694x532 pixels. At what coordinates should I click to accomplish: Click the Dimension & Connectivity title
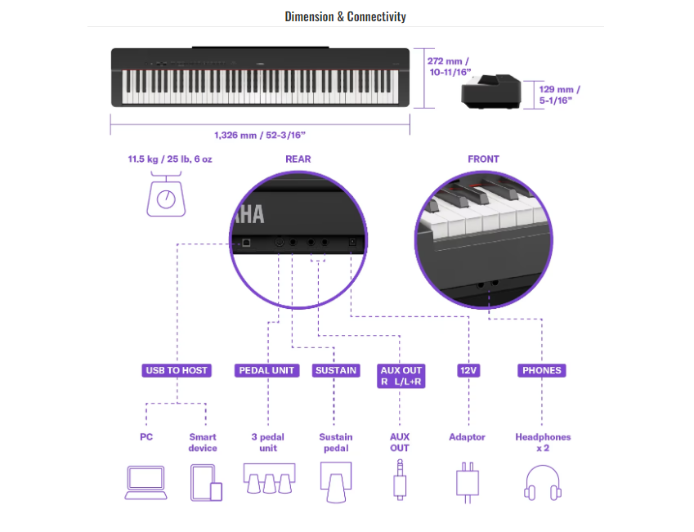[345, 16]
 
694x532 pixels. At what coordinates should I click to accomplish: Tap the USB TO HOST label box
[177, 370]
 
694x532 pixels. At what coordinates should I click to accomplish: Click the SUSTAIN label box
[336, 370]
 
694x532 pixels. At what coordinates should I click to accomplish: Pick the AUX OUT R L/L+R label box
[401, 376]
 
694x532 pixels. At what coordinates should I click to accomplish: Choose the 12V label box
[468, 370]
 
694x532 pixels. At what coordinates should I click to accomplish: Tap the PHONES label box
[542, 370]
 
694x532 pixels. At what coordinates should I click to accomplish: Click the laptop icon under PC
[146, 482]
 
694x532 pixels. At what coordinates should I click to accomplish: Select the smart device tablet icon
[206, 482]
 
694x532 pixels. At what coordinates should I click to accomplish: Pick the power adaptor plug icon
[467, 481]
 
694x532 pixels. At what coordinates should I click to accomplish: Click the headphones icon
[542, 481]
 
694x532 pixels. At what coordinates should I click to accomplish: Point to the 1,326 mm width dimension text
[260, 135]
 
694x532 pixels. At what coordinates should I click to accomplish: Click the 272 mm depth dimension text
[450, 66]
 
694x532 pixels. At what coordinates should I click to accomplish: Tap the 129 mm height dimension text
[560, 94]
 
